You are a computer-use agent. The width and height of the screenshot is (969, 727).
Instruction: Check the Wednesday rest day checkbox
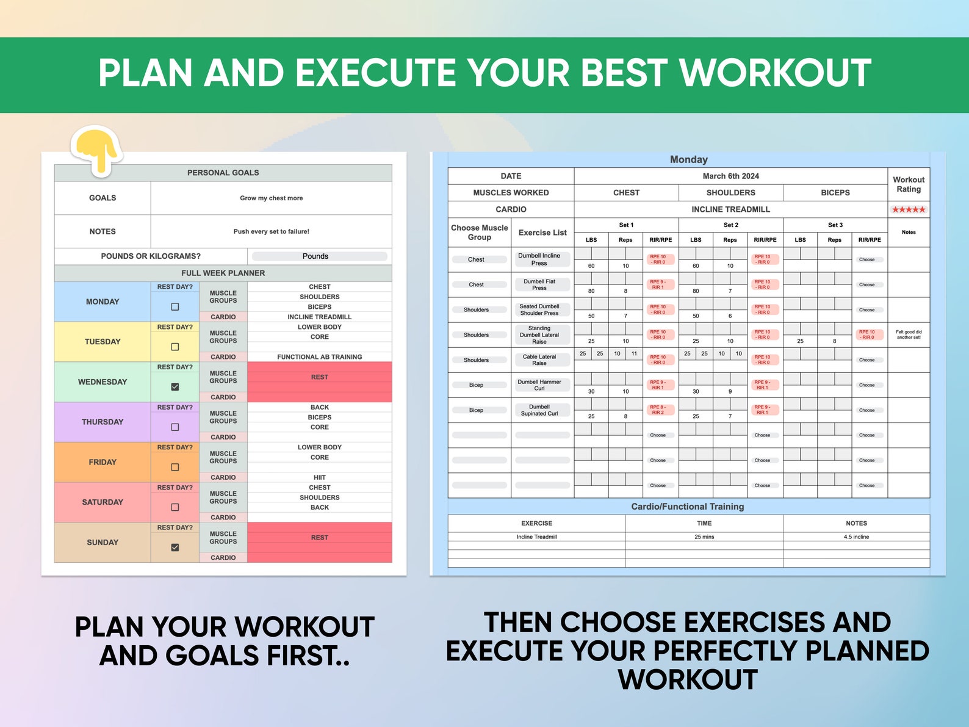[x=175, y=387]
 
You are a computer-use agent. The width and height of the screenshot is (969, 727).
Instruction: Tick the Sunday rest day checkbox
[x=175, y=548]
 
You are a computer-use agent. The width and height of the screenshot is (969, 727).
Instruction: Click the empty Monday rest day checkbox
[x=175, y=307]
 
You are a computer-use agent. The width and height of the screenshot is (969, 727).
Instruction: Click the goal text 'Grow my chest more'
[x=271, y=198]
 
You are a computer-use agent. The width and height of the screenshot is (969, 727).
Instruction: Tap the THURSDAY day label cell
[x=103, y=422]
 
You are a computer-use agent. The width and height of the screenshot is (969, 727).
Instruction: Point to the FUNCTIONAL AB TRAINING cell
[x=319, y=357]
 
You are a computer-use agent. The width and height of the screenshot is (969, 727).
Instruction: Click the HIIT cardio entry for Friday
[x=319, y=477]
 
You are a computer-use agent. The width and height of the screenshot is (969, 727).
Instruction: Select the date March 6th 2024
[x=730, y=176]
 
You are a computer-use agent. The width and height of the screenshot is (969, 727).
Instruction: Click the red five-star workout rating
[x=908, y=209]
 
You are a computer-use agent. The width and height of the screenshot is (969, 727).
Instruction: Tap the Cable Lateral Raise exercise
[x=539, y=360]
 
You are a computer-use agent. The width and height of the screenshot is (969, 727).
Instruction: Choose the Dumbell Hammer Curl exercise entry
[x=539, y=385]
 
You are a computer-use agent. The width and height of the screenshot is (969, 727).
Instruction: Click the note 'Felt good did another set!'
[x=908, y=335]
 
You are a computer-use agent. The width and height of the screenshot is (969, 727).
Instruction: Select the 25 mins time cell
[x=704, y=537]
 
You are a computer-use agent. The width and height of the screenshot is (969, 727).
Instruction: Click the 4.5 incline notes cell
[x=856, y=537]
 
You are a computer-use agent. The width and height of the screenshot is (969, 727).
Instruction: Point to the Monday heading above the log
[x=688, y=159]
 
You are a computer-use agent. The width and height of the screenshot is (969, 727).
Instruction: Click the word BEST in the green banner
[x=622, y=73]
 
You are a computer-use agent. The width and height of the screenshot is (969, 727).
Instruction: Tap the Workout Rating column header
[x=908, y=184]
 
